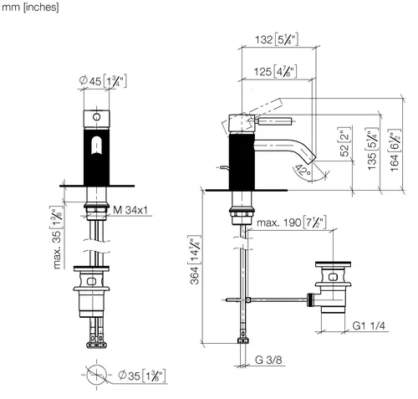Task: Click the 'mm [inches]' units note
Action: click(30, 8)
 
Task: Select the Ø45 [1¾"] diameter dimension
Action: click(103, 81)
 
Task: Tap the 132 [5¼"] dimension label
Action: click(277, 39)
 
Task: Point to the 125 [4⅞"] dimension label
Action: click(275, 72)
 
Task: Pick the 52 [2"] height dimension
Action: click(345, 141)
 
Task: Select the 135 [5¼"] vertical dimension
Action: click(373, 149)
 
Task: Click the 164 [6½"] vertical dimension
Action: click(395, 150)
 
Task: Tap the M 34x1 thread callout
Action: click(130, 210)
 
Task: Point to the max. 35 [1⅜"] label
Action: click(57, 238)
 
